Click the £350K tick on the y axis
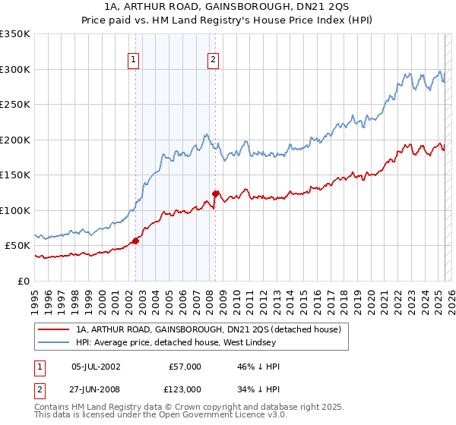point(15,34)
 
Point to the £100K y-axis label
point(15,210)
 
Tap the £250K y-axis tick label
point(15,105)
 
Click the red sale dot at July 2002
point(135,241)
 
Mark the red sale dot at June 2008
point(216,194)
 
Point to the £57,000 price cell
point(185,367)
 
